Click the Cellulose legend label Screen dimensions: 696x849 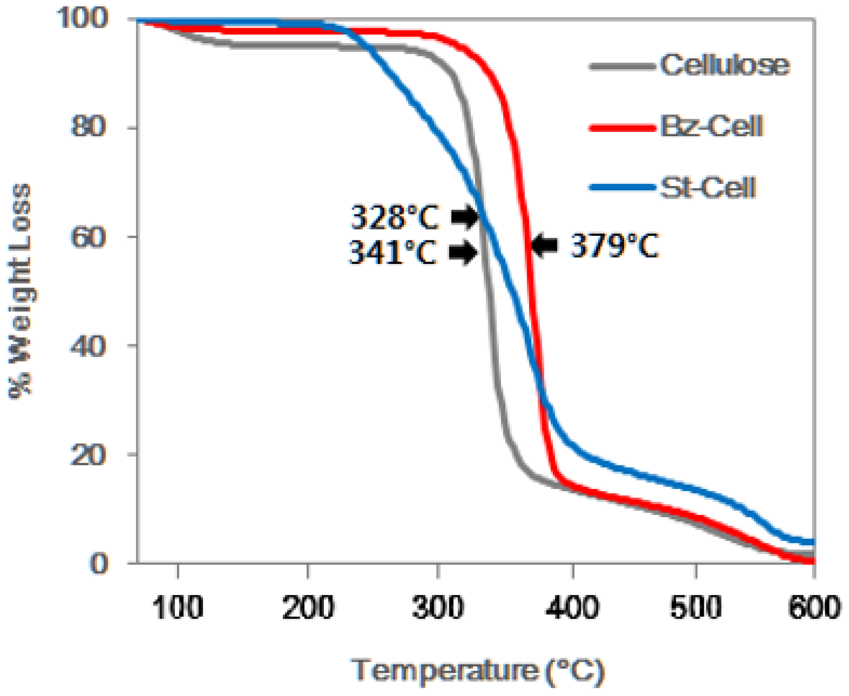click(x=724, y=65)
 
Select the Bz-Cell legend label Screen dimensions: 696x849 click(x=712, y=127)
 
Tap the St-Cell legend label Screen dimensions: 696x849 click(x=708, y=187)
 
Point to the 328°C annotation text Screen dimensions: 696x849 click(x=395, y=217)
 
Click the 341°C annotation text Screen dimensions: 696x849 click(x=393, y=253)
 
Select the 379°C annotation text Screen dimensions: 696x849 click(x=614, y=245)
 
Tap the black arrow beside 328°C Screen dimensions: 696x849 click(x=464, y=216)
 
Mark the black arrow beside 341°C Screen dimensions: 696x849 click(x=463, y=253)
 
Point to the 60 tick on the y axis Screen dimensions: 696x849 click(x=88, y=237)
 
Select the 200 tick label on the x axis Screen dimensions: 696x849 click(x=308, y=608)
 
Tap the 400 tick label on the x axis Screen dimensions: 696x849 click(x=572, y=608)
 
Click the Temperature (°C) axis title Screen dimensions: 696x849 click(x=478, y=670)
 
